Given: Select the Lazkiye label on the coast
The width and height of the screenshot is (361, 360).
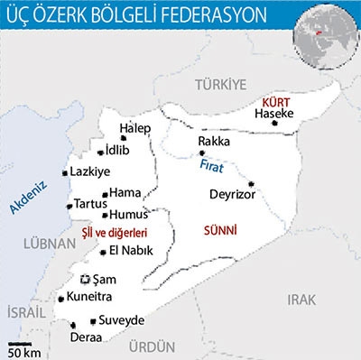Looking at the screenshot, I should [x=89, y=171].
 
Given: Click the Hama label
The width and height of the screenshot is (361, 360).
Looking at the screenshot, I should [x=124, y=192].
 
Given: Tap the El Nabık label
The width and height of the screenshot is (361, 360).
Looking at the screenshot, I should [x=128, y=252].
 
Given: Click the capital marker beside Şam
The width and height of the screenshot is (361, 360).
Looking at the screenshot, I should [x=87, y=280].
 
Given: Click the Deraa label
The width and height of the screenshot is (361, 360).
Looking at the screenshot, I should [x=85, y=337].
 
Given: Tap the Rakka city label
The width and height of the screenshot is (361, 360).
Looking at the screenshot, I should [x=214, y=142].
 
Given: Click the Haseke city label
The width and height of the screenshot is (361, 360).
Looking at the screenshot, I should [x=273, y=115].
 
